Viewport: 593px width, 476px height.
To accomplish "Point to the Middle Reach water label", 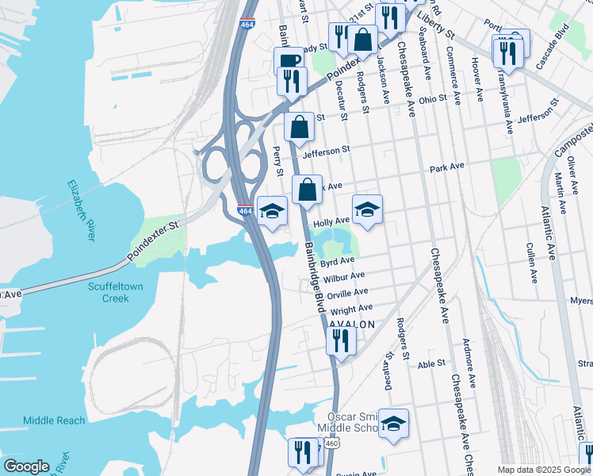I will pyautogui.click(x=54, y=420).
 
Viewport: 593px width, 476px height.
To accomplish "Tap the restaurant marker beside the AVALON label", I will pyautogui.click(x=341, y=340).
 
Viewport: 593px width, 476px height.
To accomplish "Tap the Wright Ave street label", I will pyautogui.click(x=351, y=309).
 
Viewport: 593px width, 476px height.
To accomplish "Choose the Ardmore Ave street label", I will pyautogui.click(x=472, y=367).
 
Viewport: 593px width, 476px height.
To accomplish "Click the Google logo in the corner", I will pyautogui.click(x=26, y=466).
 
